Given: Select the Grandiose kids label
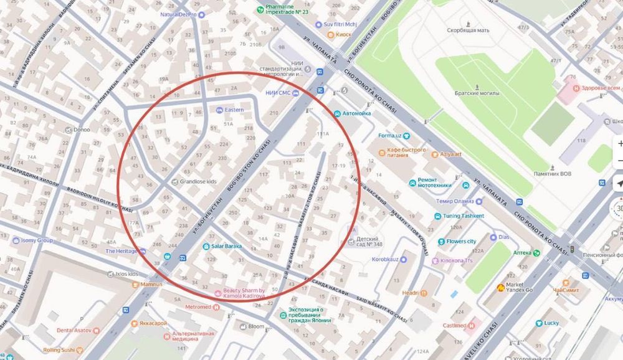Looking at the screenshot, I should pyautogui.click(x=200, y=182).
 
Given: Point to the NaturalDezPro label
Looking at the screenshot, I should pyautogui.click(x=179, y=14).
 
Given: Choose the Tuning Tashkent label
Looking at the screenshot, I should pyautogui.click(x=464, y=216).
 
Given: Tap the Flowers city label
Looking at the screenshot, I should pyautogui.click(x=461, y=241).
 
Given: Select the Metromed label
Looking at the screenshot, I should pyautogui.click(x=198, y=307).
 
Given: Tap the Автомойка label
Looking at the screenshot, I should pyautogui.click(x=356, y=114).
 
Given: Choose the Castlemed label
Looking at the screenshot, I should pyautogui.click(x=455, y=326).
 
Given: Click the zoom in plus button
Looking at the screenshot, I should pyautogui.click(x=620, y=143).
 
